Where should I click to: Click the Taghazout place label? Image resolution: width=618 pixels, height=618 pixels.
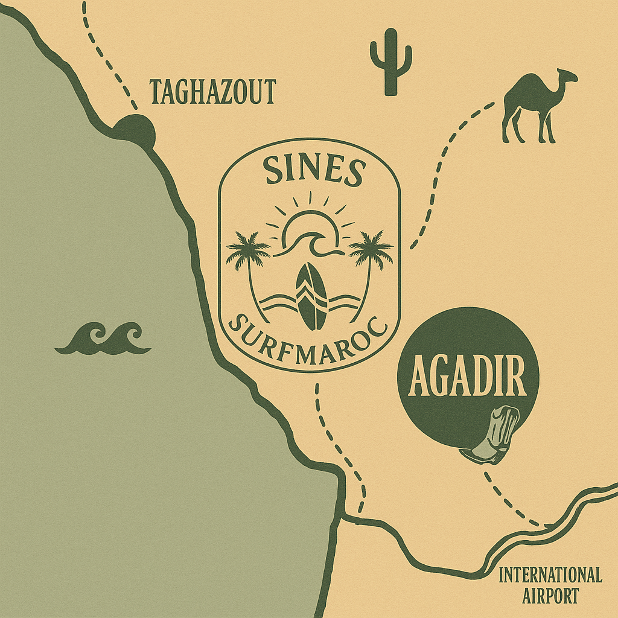[x=212, y=92]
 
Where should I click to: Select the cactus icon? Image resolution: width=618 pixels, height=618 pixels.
[x=390, y=62]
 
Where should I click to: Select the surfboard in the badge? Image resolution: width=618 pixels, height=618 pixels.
[x=311, y=296]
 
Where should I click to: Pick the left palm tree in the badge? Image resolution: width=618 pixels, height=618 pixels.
[x=249, y=260]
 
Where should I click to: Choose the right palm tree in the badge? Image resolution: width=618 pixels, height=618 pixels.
[x=370, y=260]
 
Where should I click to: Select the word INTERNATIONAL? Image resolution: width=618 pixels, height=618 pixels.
[x=550, y=575]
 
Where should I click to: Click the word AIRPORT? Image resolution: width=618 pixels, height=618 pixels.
[x=550, y=596]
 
